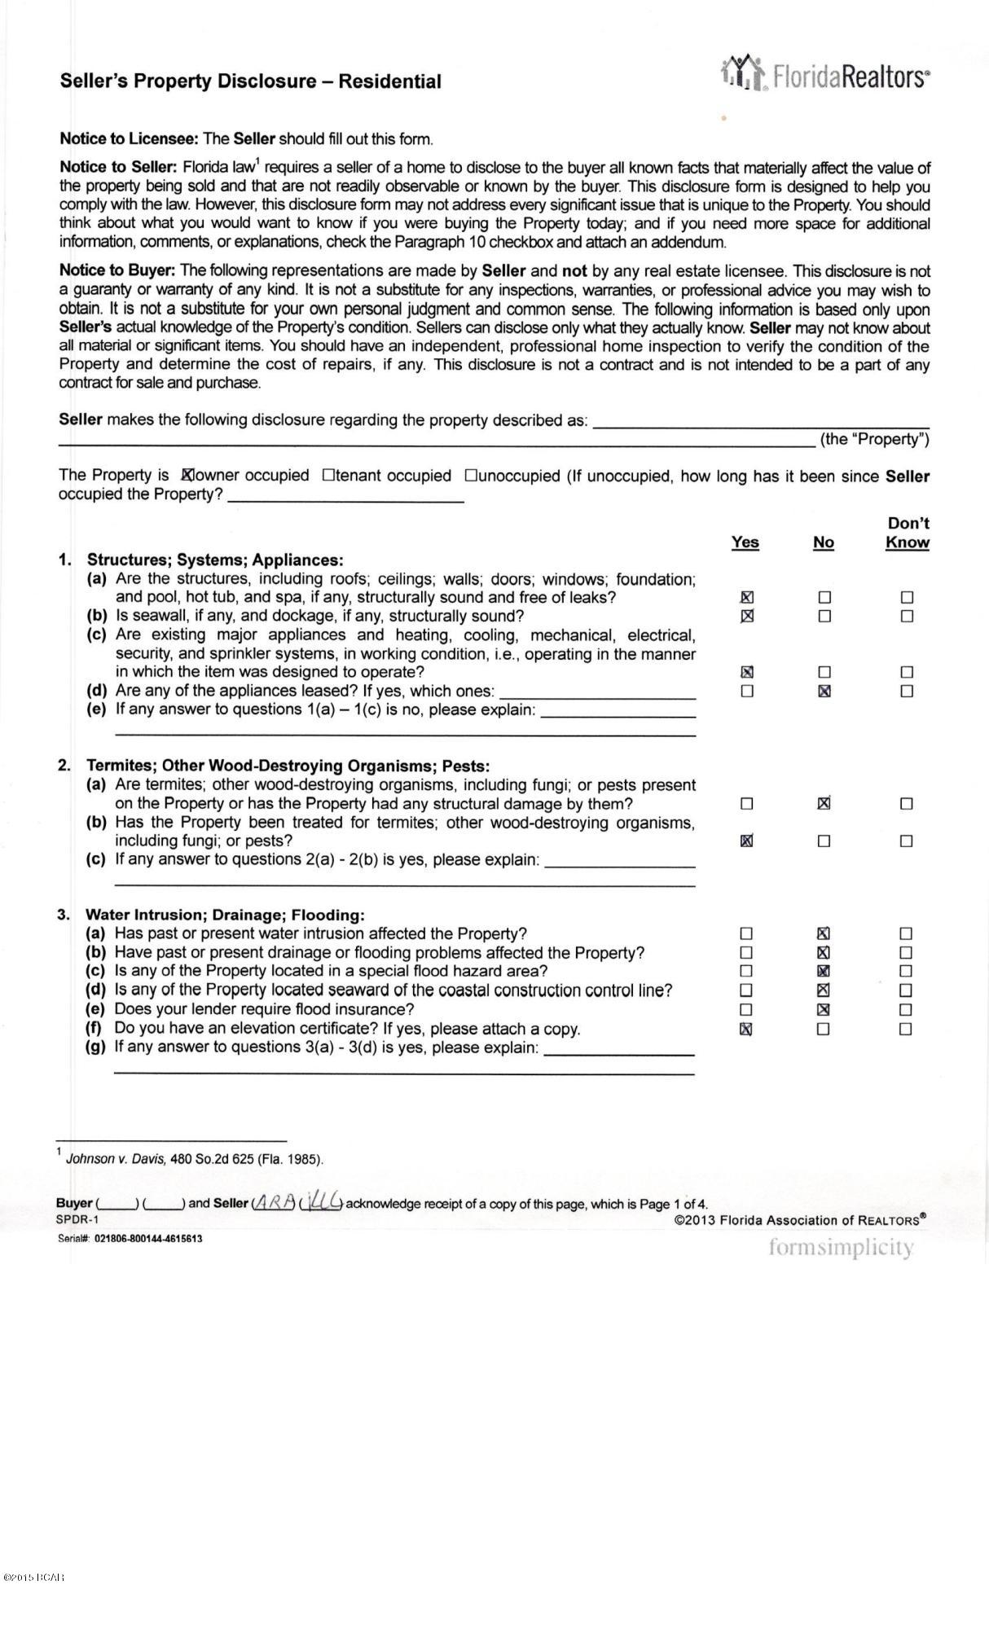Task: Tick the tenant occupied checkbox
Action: (x=327, y=475)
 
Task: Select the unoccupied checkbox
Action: (x=470, y=475)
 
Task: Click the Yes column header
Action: (x=745, y=542)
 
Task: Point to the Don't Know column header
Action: (x=907, y=533)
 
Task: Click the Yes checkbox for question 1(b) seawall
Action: (x=746, y=616)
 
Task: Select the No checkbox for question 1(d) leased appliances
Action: (x=824, y=692)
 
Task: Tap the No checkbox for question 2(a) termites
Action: (x=824, y=804)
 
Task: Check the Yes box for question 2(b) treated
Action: (x=746, y=841)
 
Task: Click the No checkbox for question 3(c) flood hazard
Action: (x=824, y=971)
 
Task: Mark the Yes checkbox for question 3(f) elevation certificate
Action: (x=745, y=1029)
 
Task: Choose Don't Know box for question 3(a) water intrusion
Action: (x=906, y=933)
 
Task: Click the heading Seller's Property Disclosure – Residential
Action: (x=250, y=81)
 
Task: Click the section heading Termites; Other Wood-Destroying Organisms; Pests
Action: (x=288, y=766)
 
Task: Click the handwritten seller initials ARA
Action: (x=274, y=1203)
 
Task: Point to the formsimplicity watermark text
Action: (x=841, y=1247)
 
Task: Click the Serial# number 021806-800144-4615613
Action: (x=148, y=1239)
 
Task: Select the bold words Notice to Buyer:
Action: (x=117, y=270)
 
